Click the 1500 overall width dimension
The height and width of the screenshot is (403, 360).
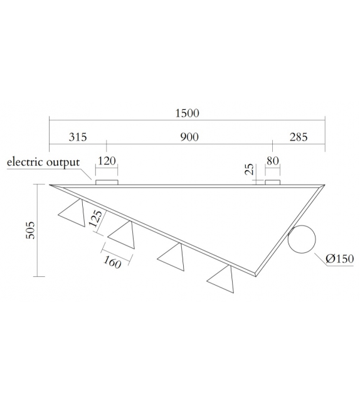187,113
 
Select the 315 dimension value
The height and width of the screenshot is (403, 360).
78,137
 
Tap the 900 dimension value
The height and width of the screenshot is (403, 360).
189,137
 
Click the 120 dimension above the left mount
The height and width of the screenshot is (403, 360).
107,161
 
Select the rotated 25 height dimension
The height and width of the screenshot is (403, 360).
250,169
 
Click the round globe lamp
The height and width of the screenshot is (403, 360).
304,239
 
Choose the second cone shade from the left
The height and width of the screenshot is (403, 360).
122,235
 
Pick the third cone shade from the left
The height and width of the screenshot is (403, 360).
172,257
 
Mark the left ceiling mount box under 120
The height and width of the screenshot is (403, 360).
107,182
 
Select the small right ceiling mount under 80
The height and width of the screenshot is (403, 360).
272,182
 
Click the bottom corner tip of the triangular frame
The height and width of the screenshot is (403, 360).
257,274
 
